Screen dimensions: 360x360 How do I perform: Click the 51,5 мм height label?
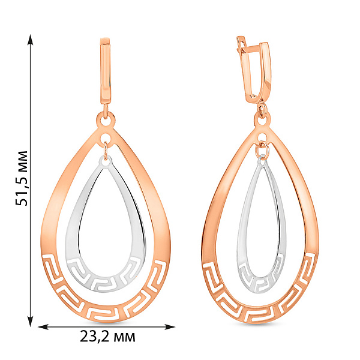(x=22, y=178)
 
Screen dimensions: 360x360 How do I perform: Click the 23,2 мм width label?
(x=107, y=337)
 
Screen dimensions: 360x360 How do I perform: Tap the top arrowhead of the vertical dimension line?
(x=31, y=40)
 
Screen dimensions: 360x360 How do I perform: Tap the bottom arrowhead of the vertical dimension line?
(x=31, y=321)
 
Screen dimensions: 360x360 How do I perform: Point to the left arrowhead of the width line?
(x=43, y=327)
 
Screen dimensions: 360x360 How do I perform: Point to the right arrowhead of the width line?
(x=170, y=327)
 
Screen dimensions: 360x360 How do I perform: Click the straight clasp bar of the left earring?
(x=106, y=71)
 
